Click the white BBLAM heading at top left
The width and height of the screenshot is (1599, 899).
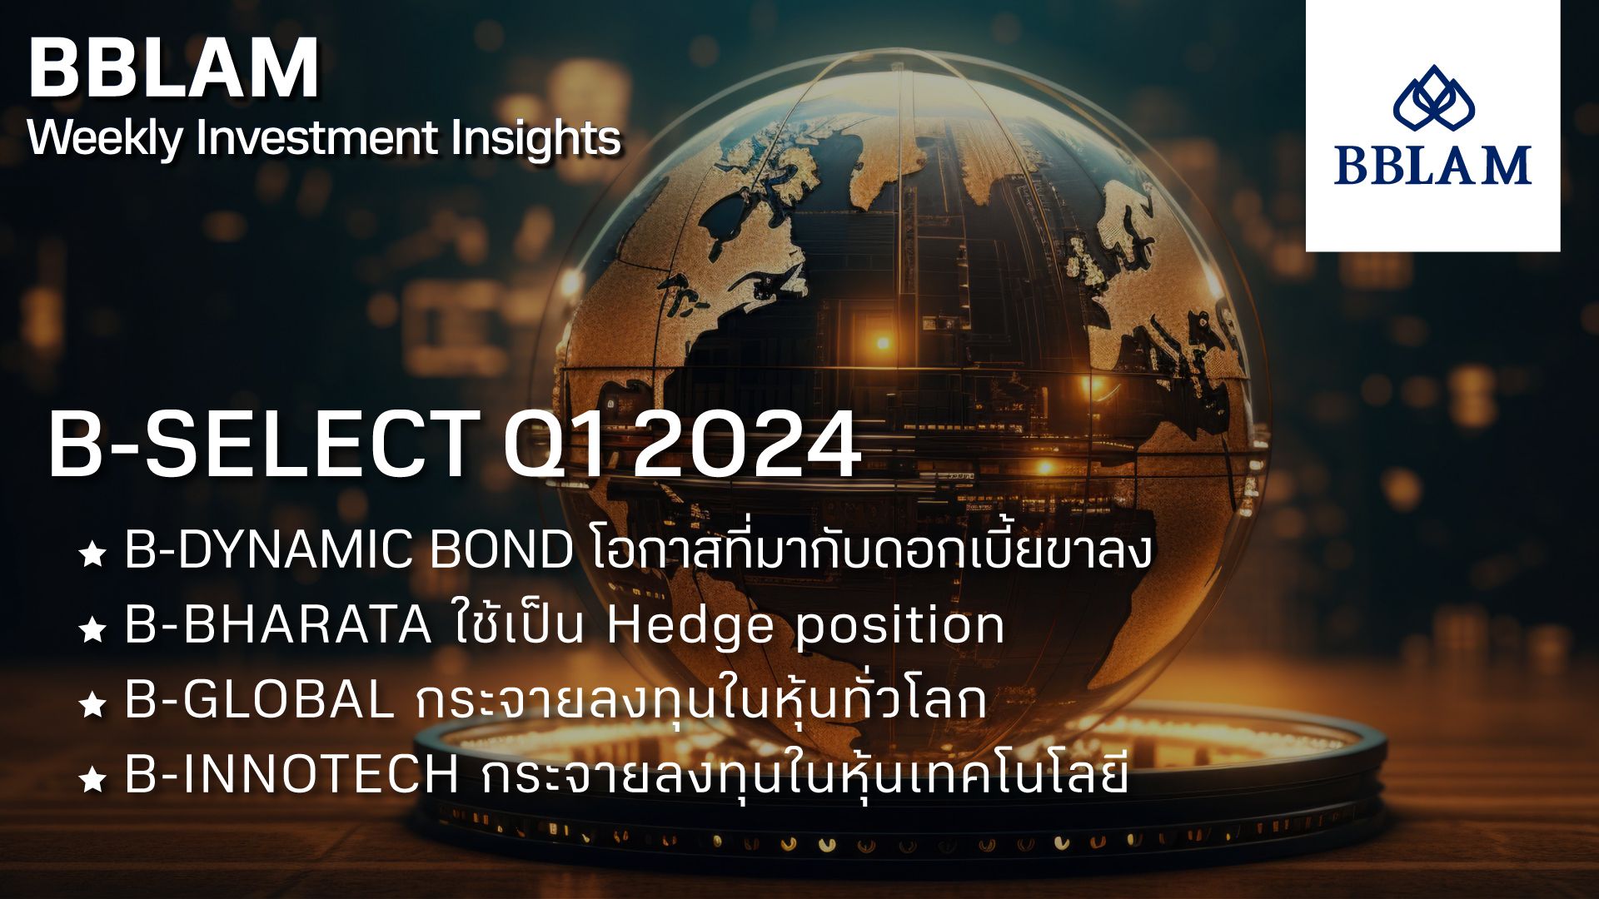[173, 69]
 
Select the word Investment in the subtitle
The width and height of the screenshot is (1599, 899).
[316, 137]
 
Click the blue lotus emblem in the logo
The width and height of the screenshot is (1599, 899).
[1433, 99]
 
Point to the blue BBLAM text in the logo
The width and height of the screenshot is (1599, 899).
[1432, 165]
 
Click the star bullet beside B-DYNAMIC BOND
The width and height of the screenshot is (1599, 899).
[92, 555]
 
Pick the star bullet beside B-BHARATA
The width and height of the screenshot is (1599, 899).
[92, 631]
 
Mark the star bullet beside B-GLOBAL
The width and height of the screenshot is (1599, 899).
[92, 706]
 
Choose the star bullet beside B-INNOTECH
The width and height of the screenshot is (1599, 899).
[92, 781]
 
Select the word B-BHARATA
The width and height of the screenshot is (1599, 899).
[278, 626]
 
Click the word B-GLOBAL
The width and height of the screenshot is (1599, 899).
[259, 701]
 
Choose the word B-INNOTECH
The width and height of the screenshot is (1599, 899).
[291, 776]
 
